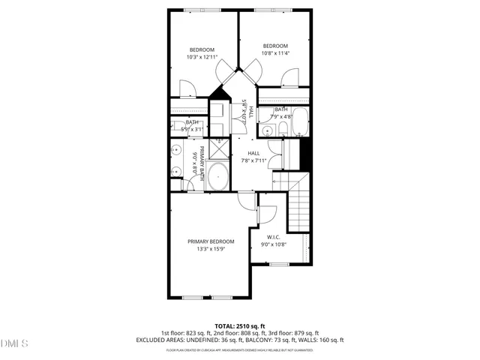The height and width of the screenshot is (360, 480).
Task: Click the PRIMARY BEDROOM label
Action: [x=211, y=241]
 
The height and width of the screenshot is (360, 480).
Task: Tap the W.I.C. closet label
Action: [x=273, y=237]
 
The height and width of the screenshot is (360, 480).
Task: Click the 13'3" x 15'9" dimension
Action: [x=211, y=249]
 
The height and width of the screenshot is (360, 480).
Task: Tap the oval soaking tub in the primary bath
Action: [x=217, y=178]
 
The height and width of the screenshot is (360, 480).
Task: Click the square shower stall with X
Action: [x=218, y=150]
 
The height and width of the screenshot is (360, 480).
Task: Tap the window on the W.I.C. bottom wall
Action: [x=279, y=264]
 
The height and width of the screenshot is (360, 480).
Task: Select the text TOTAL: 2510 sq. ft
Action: [x=240, y=326]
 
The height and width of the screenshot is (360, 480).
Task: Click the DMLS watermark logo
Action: [x=14, y=343]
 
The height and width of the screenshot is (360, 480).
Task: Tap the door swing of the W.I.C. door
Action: [x=267, y=214]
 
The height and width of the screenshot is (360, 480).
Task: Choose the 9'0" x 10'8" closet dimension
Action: [x=273, y=244]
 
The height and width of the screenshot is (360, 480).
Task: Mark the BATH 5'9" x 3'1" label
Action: [x=193, y=126]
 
